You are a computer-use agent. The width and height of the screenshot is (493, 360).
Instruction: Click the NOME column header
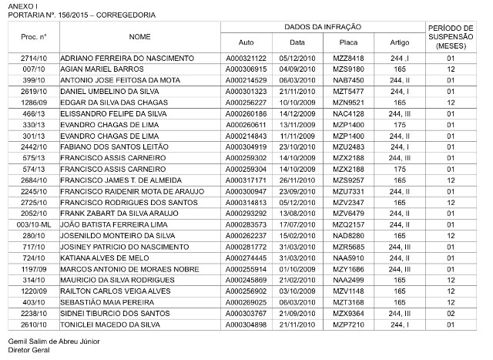click(x=139, y=36)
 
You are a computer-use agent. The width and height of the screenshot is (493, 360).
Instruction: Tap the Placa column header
click(x=348, y=42)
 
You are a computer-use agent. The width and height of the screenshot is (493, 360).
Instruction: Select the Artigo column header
click(x=399, y=42)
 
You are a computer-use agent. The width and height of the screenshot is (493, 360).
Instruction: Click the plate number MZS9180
click(x=348, y=69)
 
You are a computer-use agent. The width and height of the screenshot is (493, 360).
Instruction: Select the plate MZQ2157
click(x=348, y=224)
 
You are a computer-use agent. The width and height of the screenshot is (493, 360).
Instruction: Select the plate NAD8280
click(x=348, y=235)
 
